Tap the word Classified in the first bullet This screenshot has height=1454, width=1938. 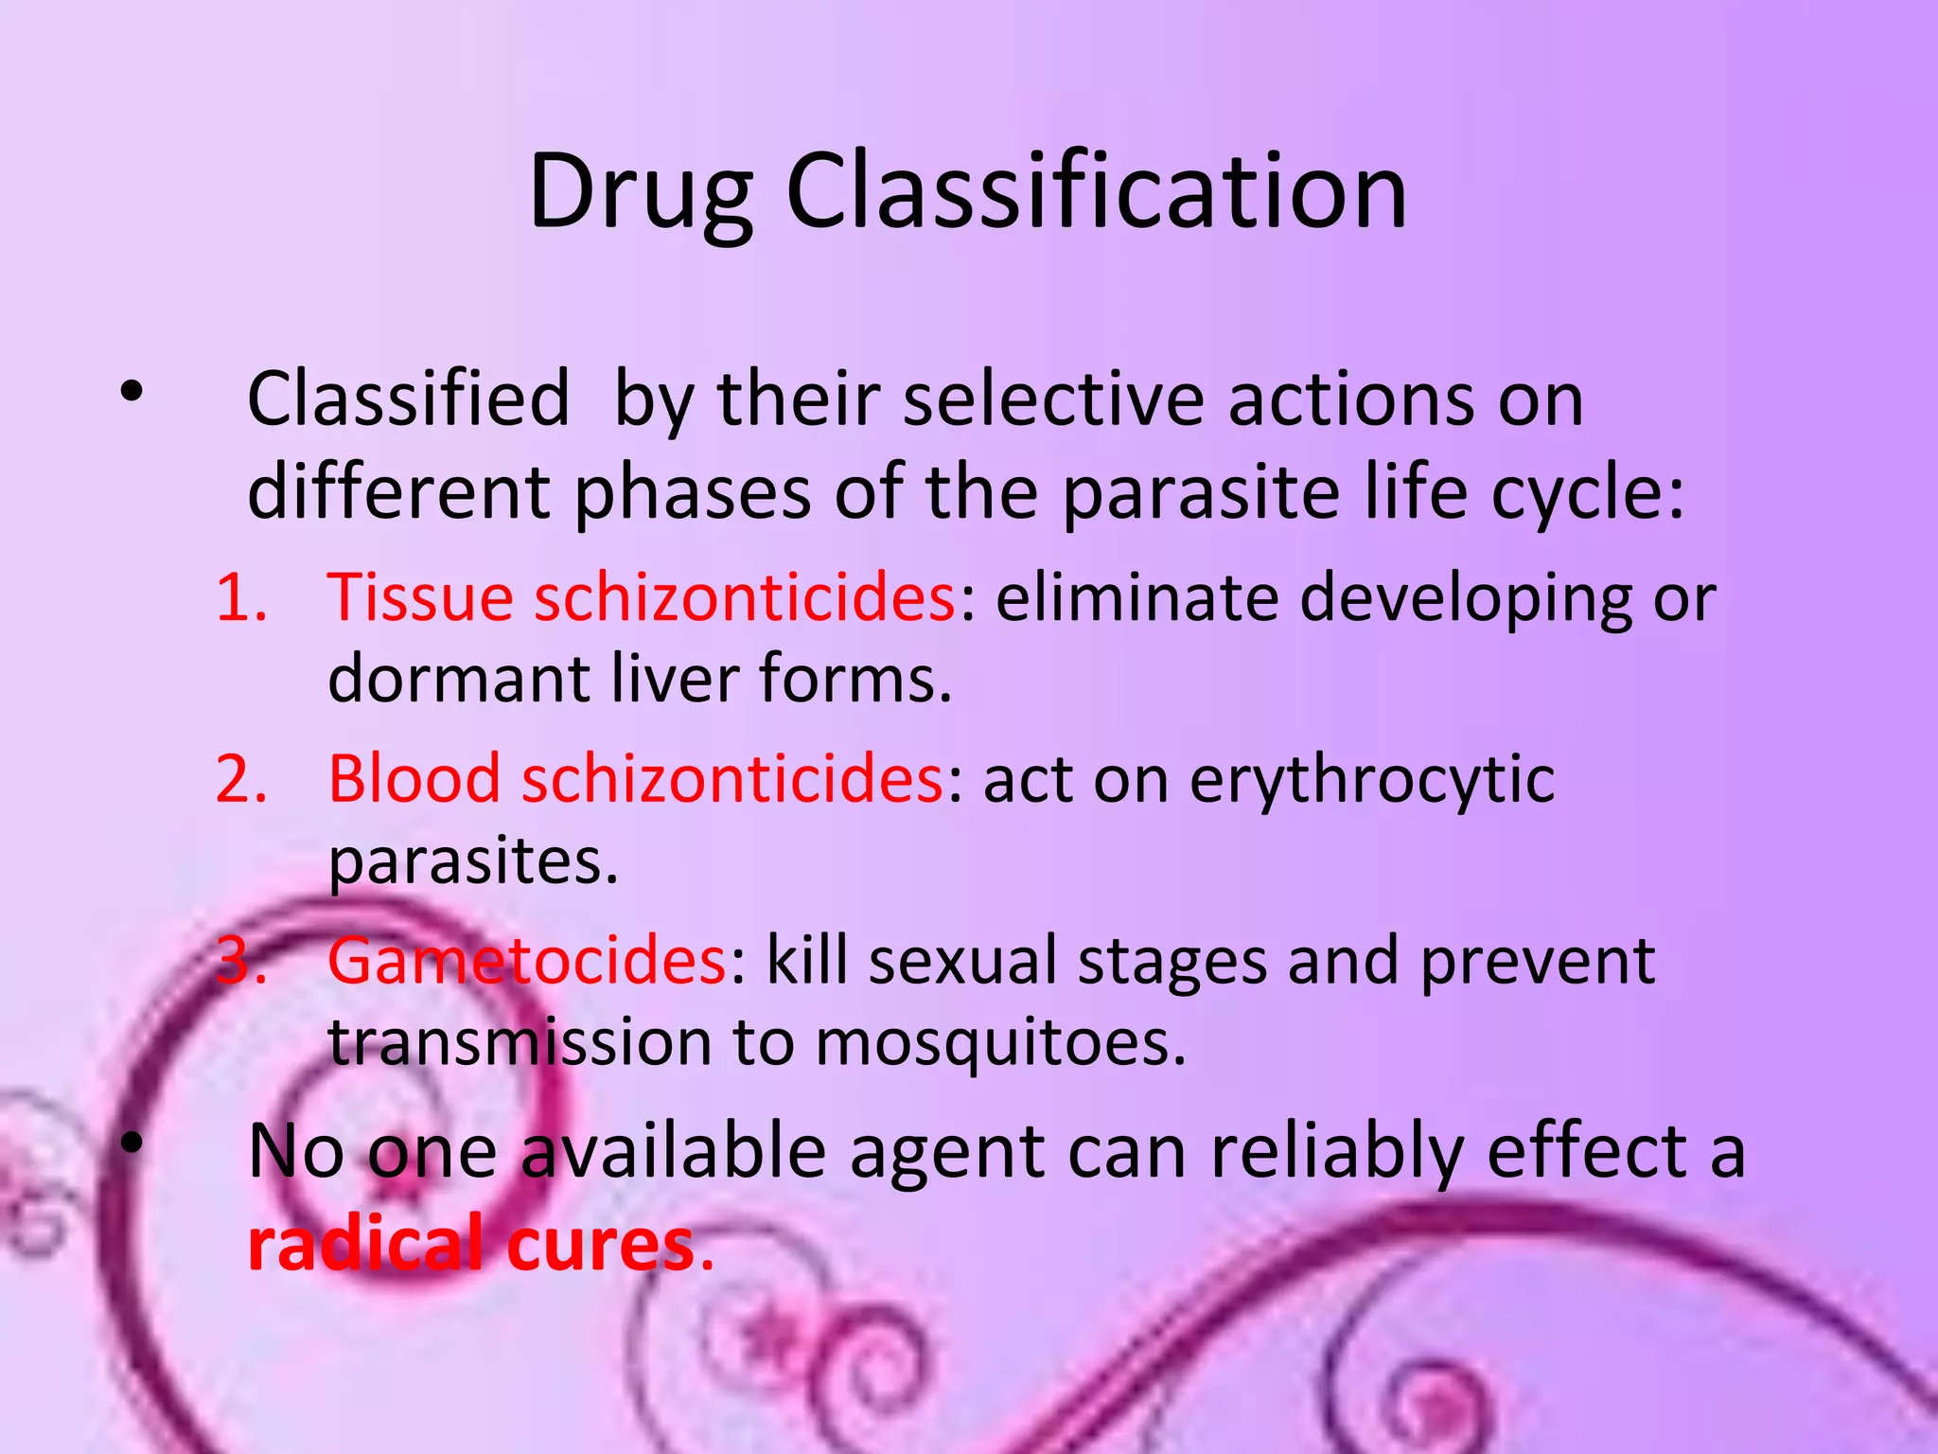coord(408,399)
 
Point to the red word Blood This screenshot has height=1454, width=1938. coord(414,780)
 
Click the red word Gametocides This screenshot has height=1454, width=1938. coord(526,961)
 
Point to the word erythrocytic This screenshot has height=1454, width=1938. coord(1371,780)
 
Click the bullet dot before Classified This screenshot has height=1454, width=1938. coord(132,392)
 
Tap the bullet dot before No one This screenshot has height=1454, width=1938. coord(132,1145)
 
